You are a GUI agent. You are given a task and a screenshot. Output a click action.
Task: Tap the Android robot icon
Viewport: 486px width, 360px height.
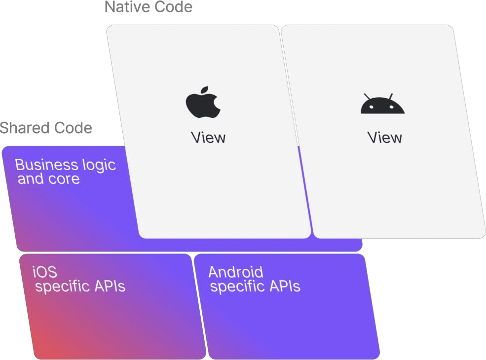pyautogui.click(x=382, y=105)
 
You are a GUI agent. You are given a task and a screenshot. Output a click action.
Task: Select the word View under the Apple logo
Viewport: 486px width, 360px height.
pyautogui.click(x=208, y=138)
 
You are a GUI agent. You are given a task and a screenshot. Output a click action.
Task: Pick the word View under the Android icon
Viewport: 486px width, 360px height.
pyautogui.click(x=384, y=138)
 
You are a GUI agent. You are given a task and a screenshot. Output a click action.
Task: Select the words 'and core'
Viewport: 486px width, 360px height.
pyautogui.click(x=48, y=179)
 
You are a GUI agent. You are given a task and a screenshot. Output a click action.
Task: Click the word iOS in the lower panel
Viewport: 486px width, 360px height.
pyautogui.click(x=45, y=272)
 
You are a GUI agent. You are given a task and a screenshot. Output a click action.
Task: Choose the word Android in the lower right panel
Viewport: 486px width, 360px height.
pyautogui.click(x=236, y=272)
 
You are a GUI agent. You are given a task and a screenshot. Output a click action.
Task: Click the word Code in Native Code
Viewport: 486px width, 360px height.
pyautogui.click(x=172, y=7)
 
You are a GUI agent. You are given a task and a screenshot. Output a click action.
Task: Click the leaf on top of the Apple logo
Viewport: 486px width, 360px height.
pyautogui.click(x=207, y=90)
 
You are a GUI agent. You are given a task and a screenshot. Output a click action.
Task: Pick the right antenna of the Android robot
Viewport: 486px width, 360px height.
pyautogui.click(x=390, y=96)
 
